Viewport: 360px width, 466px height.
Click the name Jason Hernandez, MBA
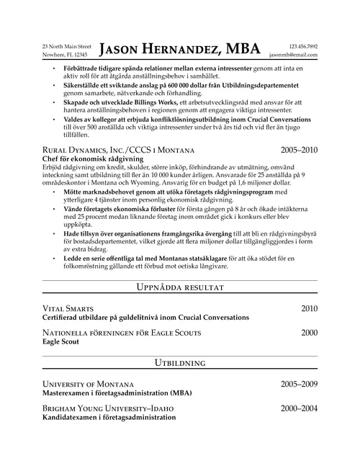click(x=180, y=49)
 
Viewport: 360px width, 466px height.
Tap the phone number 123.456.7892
click(x=302, y=45)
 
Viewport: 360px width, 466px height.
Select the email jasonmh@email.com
click(x=293, y=54)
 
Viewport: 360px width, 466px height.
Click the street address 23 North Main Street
click(x=66, y=45)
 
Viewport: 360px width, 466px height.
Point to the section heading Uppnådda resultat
click(x=180, y=288)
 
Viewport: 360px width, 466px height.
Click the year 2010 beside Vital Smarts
click(x=309, y=308)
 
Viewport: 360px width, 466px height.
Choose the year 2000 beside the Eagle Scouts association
click(x=309, y=333)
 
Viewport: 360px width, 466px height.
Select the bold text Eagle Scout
click(x=62, y=342)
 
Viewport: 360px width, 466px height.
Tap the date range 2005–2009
click(x=299, y=384)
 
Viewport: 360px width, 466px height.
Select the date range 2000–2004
click(x=299, y=408)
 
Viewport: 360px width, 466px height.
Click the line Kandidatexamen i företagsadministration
click(x=109, y=418)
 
